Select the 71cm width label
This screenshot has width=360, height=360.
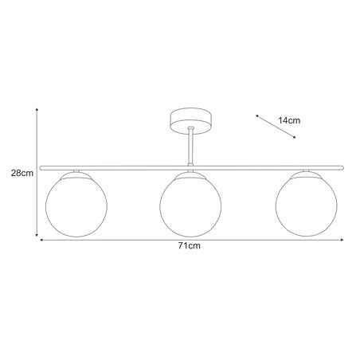[x=188, y=248]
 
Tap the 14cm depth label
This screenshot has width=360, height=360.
[x=289, y=121]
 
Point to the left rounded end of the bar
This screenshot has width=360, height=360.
[x=41, y=166]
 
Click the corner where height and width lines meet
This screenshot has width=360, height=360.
[x=38, y=237]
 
